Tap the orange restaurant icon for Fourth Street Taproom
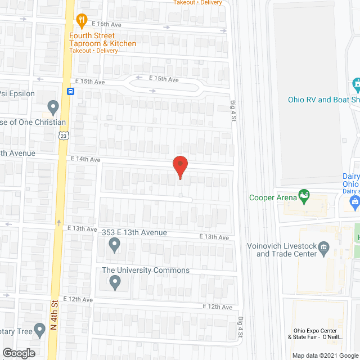click(82, 21)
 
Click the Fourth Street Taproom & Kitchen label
click(102, 40)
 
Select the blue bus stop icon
click(71, 91)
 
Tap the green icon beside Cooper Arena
click(304, 196)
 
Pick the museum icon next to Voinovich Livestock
click(323, 246)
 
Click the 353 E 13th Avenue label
click(134, 232)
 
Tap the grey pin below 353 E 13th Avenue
click(115, 245)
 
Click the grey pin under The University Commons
click(115, 282)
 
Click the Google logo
click(18, 353)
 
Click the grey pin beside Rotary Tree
click(39, 329)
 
